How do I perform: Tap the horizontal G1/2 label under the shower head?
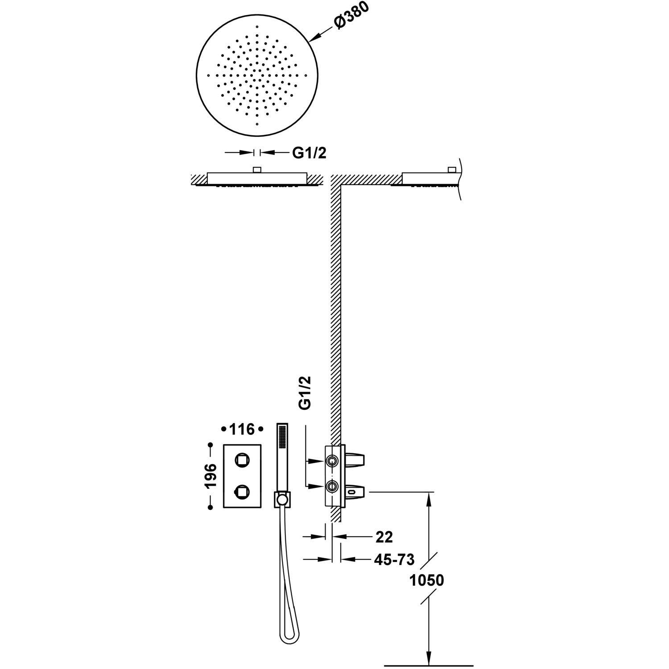[309, 153]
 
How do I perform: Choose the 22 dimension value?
[384, 537]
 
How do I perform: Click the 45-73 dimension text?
[394, 559]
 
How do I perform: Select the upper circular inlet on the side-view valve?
[332, 460]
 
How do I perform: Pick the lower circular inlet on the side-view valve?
[332, 486]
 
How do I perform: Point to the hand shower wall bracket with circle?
[281, 499]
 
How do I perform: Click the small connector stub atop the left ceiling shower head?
[256, 169]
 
